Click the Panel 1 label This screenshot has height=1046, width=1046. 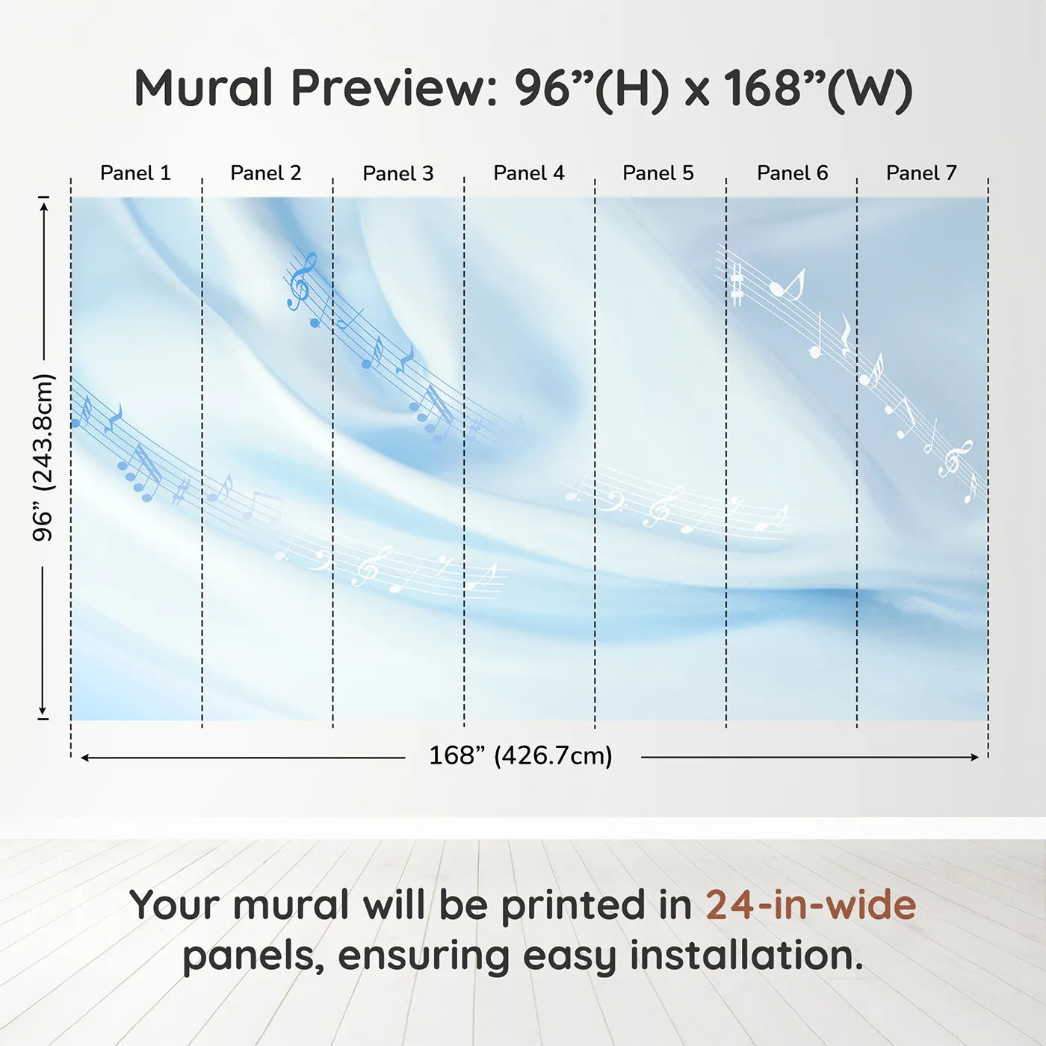tap(136, 173)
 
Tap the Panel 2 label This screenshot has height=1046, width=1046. tap(265, 173)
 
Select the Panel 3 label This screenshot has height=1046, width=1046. tap(398, 173)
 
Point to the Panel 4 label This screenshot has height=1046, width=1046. tap(529, 173)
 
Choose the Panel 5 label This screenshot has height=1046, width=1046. tap(658, 173)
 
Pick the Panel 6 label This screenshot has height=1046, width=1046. tap(793, 173)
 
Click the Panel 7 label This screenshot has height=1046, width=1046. tap(921, 173)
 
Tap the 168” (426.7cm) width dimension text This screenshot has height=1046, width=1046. tap(521, 755)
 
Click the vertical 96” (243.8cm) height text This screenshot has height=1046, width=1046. tap(43, 457)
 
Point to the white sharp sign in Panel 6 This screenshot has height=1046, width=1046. tap(736, 285)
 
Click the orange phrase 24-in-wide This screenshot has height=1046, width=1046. tap(811, 905)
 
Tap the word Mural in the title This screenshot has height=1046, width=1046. tap(203, 87)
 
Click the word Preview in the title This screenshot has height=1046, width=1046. tap(394, 88)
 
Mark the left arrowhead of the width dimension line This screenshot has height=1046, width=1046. tap(84, 758)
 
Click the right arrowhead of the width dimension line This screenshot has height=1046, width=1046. tap(975, 757)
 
